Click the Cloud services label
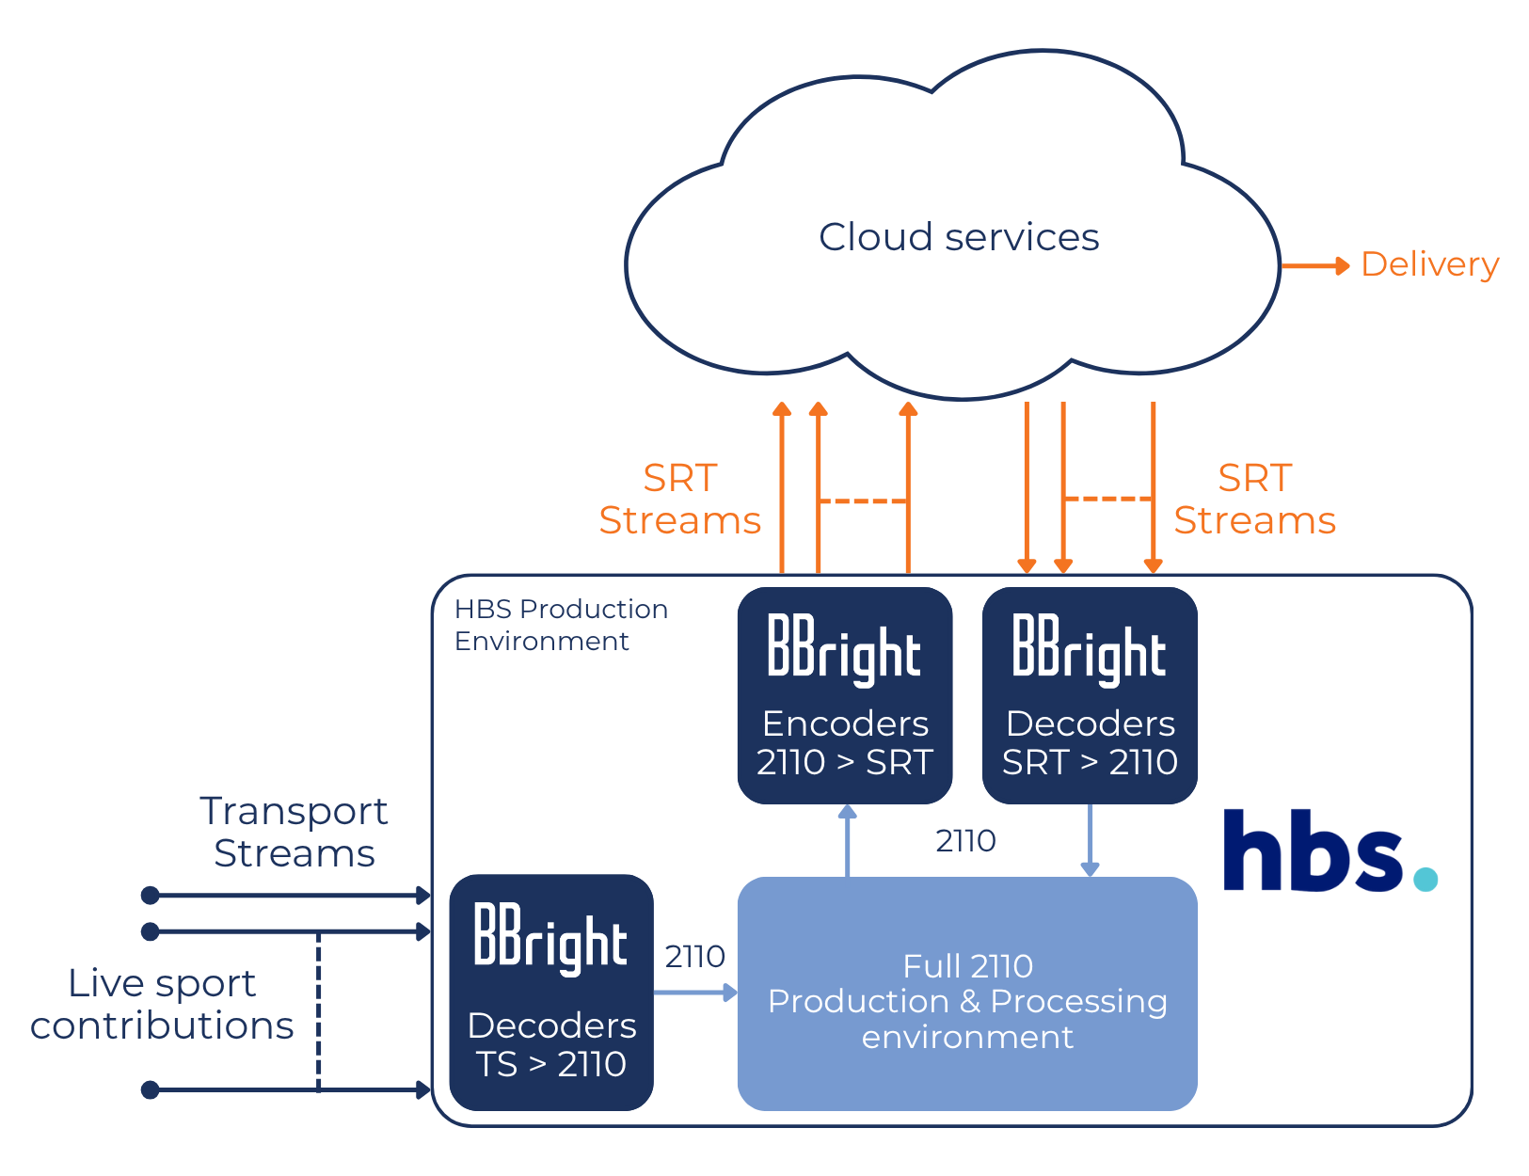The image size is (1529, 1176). click(958, 237)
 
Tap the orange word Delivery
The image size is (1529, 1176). click(1429, 265)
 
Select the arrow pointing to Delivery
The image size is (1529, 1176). click(1314, 266)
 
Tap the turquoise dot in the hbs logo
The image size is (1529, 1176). click(1425, 879)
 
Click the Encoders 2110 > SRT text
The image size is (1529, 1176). click(844, 743)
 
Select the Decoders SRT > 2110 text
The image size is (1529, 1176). click(1090, 743)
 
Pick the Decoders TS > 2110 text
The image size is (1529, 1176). click(551, 1044)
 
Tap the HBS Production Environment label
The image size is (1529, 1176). click(560, 625)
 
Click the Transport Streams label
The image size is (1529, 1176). click(294, 833)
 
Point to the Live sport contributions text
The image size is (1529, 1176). click(162, 1004)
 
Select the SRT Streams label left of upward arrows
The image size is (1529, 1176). click(679, 500)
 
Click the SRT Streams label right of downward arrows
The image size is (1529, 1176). click(1254, 500)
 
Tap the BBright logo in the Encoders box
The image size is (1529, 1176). click(844, 646)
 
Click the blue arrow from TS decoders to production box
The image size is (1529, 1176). click(694, 992)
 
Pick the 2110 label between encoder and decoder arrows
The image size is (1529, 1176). click(965, 841)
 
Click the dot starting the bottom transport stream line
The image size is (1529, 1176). click(150, 1089)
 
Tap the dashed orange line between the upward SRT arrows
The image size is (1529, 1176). click(862, 501)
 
